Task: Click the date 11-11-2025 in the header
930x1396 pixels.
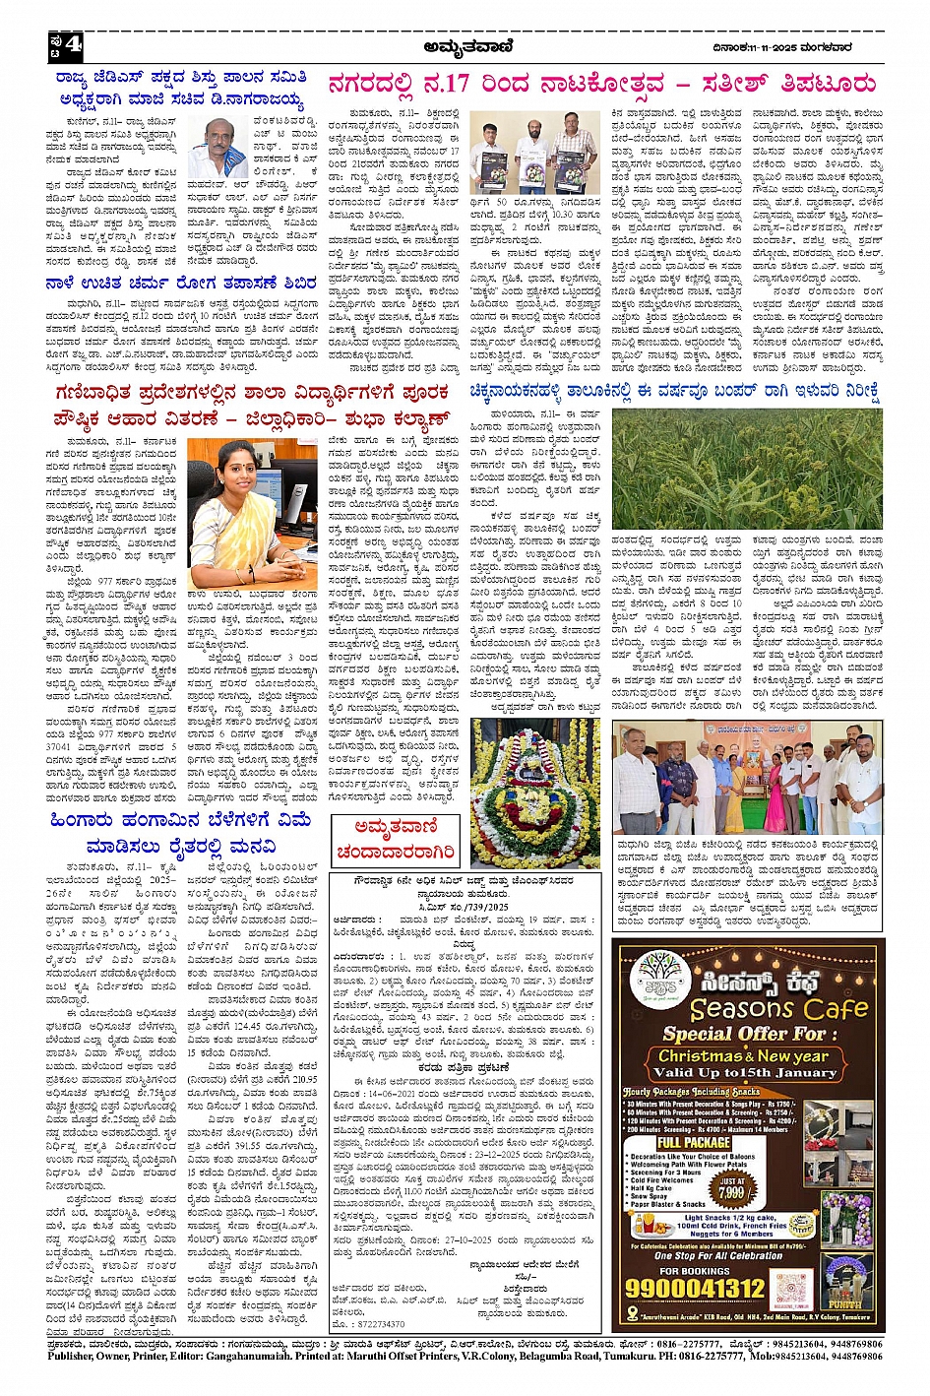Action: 761,44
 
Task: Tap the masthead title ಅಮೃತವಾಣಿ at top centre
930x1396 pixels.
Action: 464,44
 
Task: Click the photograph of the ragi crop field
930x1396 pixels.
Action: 747,470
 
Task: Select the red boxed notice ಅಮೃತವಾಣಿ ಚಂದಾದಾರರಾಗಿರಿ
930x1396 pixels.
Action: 381,838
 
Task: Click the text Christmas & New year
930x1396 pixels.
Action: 752,1055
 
